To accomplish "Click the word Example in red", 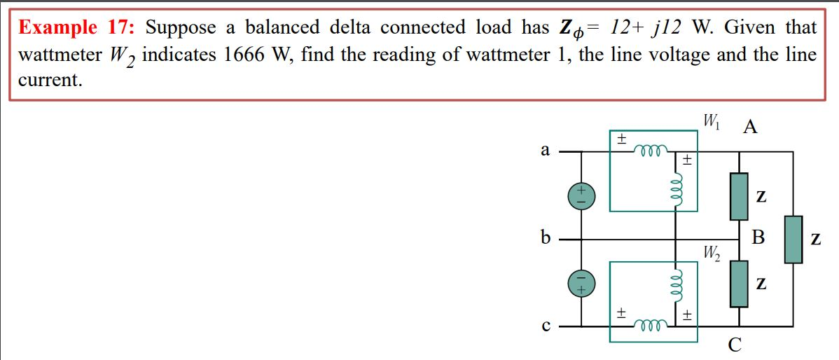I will coord(57,28).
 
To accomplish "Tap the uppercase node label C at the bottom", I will coord(733,345).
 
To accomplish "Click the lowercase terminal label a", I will coord(545,150).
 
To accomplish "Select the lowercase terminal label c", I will coord(545,326).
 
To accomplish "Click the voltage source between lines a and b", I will coord(581,195).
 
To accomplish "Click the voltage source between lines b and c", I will coord(581,283).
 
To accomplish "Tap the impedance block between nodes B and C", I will coord(738,284).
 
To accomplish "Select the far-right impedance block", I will coord(793,240).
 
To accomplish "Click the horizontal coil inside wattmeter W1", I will coord(651,149).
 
